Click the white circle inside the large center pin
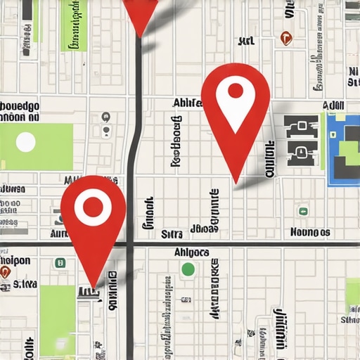tap(235, 91)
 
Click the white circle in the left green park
tap(26, 142)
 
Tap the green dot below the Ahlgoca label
tap(188, 269)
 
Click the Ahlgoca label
tap(191, 252)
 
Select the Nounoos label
tap(310, 232)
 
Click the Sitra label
tap(172, 233)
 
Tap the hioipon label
tap(15, 260)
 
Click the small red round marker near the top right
tap(285, 38)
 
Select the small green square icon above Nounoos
tap(302, 211)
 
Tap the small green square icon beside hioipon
tap(61, 262)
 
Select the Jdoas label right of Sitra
tap(204, 229)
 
